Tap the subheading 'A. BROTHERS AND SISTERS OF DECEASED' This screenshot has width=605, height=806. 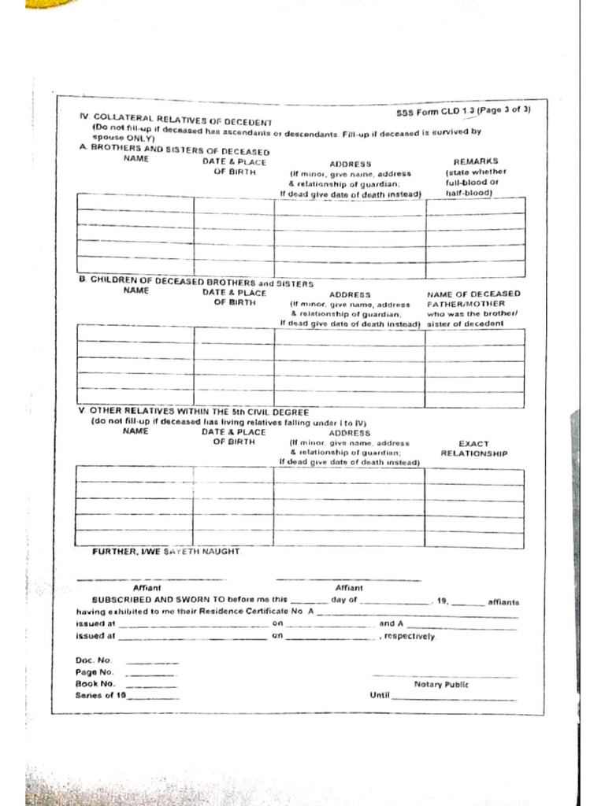coord(174,151)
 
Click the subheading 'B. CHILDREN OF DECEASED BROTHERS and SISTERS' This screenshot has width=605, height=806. coord(196,282)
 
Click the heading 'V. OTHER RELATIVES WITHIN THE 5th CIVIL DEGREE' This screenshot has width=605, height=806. coord(193,411)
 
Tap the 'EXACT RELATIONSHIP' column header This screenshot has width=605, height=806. coord(473,449)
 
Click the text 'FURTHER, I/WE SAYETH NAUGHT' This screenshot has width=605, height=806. coord(166,552)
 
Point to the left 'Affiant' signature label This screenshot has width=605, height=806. coord(147,587)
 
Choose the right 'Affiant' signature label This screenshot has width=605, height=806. coord(349,587)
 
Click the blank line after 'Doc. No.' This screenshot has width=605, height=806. coord(152,663)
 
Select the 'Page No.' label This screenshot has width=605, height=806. coord(95,672)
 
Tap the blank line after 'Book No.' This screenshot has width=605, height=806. coord(152,686)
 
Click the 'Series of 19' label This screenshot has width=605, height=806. coord(101,695)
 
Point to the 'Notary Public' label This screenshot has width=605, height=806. coord(440,684)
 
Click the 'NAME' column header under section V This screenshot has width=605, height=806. coord(135,431)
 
